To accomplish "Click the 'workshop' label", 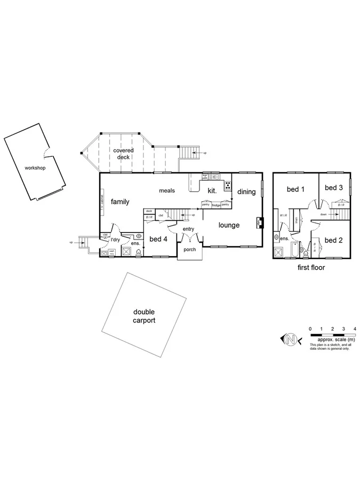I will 35,167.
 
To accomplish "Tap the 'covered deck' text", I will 123,154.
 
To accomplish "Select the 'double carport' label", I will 144,317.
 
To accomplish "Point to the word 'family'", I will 121,202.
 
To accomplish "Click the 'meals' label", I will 167,190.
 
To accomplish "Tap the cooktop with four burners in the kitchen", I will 228,186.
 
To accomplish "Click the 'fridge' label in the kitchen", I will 215,204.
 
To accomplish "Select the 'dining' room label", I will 246,192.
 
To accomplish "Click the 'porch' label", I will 189,250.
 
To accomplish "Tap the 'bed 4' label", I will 158,239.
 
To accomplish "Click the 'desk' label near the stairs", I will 149,211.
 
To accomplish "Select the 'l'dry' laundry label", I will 114,240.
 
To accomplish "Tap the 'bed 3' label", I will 333,187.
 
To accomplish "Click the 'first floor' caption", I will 311,268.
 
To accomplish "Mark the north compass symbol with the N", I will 291,339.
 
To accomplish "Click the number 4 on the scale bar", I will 355,329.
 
